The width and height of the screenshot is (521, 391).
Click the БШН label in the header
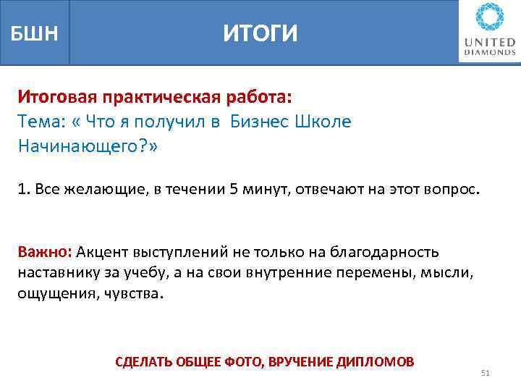[x=34, y=33]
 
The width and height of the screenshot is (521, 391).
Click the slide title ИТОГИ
[x=260, y=33]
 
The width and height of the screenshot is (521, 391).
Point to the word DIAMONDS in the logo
[x=490, y=53]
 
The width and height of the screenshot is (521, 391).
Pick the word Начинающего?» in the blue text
[x=87, y=147]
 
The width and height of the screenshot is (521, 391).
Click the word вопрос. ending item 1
[x=453, y=190]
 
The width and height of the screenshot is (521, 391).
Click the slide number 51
[x=486, y=373]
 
